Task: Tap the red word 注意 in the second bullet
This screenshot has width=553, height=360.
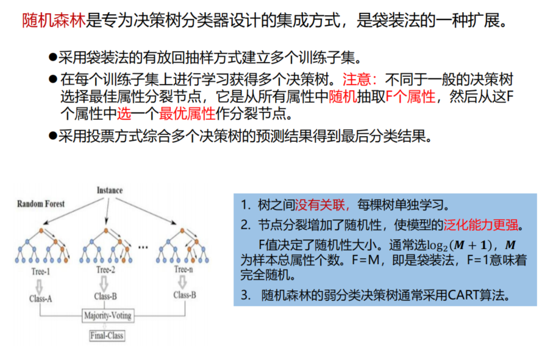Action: click(x=355, y=79)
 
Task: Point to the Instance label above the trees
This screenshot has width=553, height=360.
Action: click(x=110, y=190)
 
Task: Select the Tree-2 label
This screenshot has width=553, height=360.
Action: click(x=105, y=270)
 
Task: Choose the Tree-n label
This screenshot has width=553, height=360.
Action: click(x=184, y=269)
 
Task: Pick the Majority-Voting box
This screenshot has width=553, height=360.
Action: click(x=107, y=315)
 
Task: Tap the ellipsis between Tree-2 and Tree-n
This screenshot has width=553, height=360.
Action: click(x=144, y=247)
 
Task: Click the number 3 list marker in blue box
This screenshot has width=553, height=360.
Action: click(x=245, y=295)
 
